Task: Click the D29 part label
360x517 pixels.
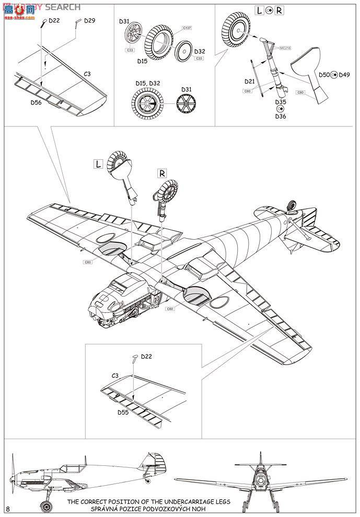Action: point(89,21)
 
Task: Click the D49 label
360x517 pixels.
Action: point(344,75)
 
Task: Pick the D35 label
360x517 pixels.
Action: point(281,102)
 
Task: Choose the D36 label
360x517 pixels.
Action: point(281,116)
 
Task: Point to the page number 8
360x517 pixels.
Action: point(7,508)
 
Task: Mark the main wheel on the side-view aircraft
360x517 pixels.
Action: point(46,506)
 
